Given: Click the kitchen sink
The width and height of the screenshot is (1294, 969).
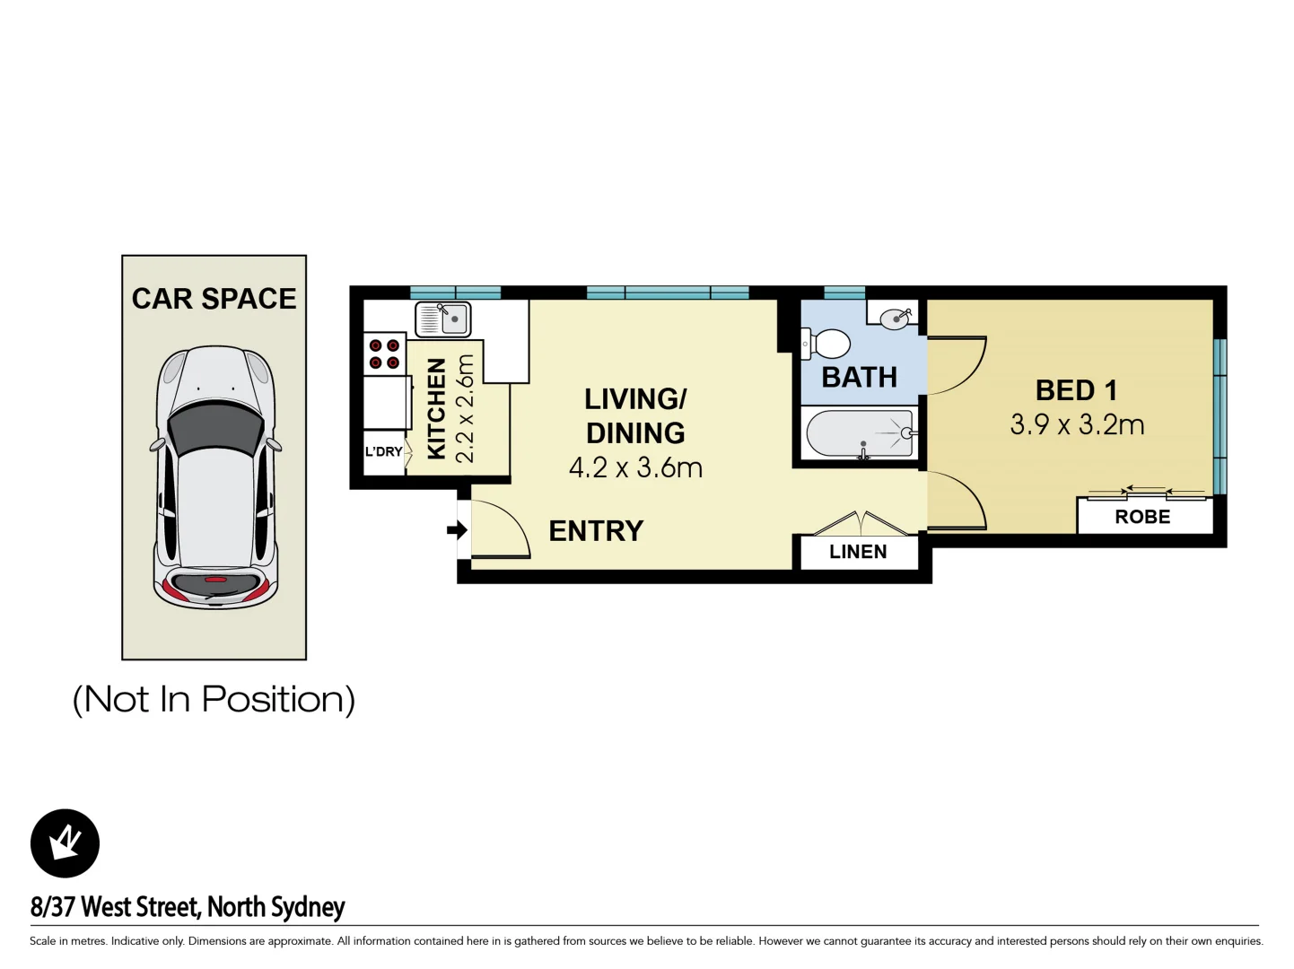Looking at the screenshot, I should pos(443,319).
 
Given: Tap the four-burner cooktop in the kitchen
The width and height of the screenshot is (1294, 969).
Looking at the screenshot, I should pos(384,354).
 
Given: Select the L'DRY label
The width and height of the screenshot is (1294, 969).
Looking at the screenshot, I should pos(383,451).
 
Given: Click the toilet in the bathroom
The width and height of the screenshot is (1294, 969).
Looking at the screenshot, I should pos(826,344).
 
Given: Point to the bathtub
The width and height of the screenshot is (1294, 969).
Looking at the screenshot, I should pos(860,434).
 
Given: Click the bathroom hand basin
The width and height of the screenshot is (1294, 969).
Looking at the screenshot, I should pos(895,319).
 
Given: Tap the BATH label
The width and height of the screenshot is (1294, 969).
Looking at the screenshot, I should pos(859,378).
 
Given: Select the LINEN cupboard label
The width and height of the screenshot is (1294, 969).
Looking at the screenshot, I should pos(858,552).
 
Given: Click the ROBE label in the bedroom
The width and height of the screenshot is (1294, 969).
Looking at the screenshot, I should pos(1142,517).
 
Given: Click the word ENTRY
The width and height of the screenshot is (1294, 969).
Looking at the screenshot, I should pos(596,531).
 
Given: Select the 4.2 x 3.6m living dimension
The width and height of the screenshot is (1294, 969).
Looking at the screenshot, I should pos(635,467).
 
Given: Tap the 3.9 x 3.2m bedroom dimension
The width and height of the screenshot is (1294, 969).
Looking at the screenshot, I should pos(1077,424).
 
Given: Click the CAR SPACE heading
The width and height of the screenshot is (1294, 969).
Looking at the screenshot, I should pos(214,299).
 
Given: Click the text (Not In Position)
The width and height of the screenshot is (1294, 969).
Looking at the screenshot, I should pos(214,699).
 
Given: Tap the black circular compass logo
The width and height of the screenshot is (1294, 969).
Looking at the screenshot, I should pos(65,843).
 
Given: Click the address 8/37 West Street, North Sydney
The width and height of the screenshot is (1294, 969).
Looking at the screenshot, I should pos(188,907).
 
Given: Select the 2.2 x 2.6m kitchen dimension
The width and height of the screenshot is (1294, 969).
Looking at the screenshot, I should pos(465,408).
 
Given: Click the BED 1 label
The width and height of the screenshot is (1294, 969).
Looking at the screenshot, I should pos(1076,390).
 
